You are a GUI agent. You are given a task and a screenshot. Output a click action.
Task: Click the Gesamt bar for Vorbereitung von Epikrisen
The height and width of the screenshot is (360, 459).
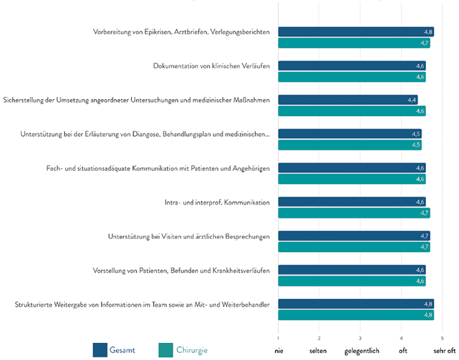(356, 32)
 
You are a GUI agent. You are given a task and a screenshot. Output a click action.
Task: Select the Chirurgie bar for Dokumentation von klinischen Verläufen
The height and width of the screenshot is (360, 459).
(352, 77)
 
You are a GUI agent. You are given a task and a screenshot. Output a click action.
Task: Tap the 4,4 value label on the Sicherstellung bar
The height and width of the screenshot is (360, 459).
(412, 100)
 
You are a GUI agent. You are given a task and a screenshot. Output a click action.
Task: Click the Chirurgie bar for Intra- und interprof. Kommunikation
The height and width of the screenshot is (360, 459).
(354, 213)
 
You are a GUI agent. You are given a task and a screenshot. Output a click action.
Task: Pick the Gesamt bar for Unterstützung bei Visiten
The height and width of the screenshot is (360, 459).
(354, 236)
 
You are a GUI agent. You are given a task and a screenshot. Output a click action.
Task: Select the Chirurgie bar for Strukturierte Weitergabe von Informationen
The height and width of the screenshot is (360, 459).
(356, 315)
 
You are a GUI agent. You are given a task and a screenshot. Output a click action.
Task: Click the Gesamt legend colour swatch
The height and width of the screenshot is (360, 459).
(100, 350)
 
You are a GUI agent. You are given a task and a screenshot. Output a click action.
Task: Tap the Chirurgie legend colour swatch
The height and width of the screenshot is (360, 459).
(166, 350)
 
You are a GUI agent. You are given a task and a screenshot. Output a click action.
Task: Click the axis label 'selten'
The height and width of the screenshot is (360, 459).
(319, 350)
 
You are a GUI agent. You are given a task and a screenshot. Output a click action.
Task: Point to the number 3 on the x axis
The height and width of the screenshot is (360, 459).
(360, 338)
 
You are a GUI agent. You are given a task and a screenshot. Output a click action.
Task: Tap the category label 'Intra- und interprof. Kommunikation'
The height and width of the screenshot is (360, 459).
(217, 202)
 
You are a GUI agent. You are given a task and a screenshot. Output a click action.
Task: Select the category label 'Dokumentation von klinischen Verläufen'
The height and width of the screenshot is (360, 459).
(211, 65)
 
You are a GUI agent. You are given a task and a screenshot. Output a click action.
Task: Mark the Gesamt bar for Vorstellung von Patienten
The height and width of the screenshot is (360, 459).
(352, 270)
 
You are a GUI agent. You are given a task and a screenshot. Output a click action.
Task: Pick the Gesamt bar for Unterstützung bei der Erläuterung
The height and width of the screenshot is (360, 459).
(350, 134)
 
